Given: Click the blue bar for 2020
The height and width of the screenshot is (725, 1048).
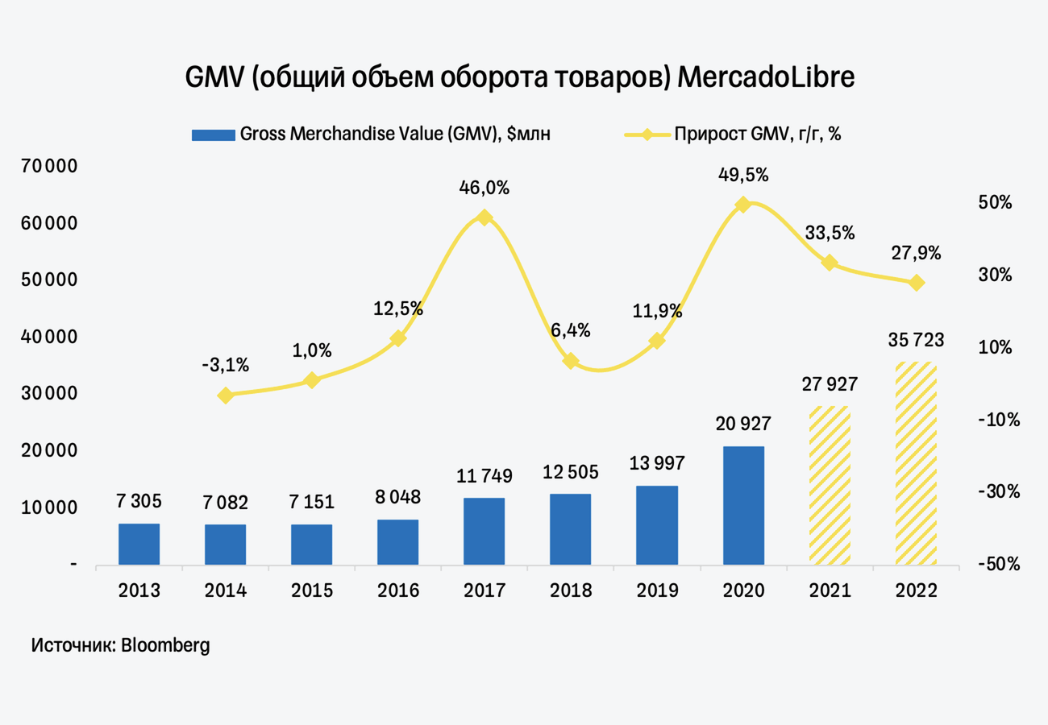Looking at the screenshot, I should pos(743,505).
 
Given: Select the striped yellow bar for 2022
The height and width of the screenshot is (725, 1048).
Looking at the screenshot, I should pos(916,463).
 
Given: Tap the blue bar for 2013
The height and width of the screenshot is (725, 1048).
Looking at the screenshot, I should pos(139,544).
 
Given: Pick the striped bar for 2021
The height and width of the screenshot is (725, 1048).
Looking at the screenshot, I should pos(830,485).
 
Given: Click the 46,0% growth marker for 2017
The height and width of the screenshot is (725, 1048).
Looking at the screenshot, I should pos(484,217).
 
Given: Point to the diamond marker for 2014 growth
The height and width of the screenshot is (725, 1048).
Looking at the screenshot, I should pos(226,396).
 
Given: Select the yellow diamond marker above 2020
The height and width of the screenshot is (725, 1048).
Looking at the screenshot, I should pos(743,205).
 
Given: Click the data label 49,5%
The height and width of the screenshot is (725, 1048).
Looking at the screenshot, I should pos(743,175).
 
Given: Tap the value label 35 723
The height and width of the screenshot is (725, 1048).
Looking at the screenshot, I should pos(917,341).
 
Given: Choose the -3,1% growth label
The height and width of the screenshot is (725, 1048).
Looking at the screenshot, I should pos(226,365).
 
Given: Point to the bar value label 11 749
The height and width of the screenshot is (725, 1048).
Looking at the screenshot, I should pos(484,478).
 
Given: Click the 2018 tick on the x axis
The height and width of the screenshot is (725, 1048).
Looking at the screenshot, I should pos(571,590).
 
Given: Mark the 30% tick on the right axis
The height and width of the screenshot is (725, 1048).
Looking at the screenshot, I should pos(996,275).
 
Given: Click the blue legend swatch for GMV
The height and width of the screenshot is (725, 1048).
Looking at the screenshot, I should pos(213,135).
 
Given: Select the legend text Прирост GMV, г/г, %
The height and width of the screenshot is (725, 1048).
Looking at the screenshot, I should pos(758,135).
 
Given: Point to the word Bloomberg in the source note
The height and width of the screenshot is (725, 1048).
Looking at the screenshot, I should pos(165,645).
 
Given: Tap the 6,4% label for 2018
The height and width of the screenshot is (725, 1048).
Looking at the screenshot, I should pos(571,330).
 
